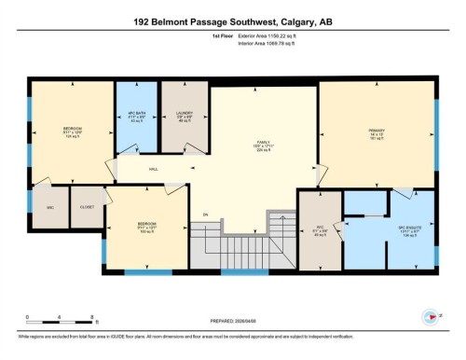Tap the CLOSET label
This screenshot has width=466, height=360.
tap(87, 207)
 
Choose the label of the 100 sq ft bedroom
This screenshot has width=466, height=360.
tap(146, 226)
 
